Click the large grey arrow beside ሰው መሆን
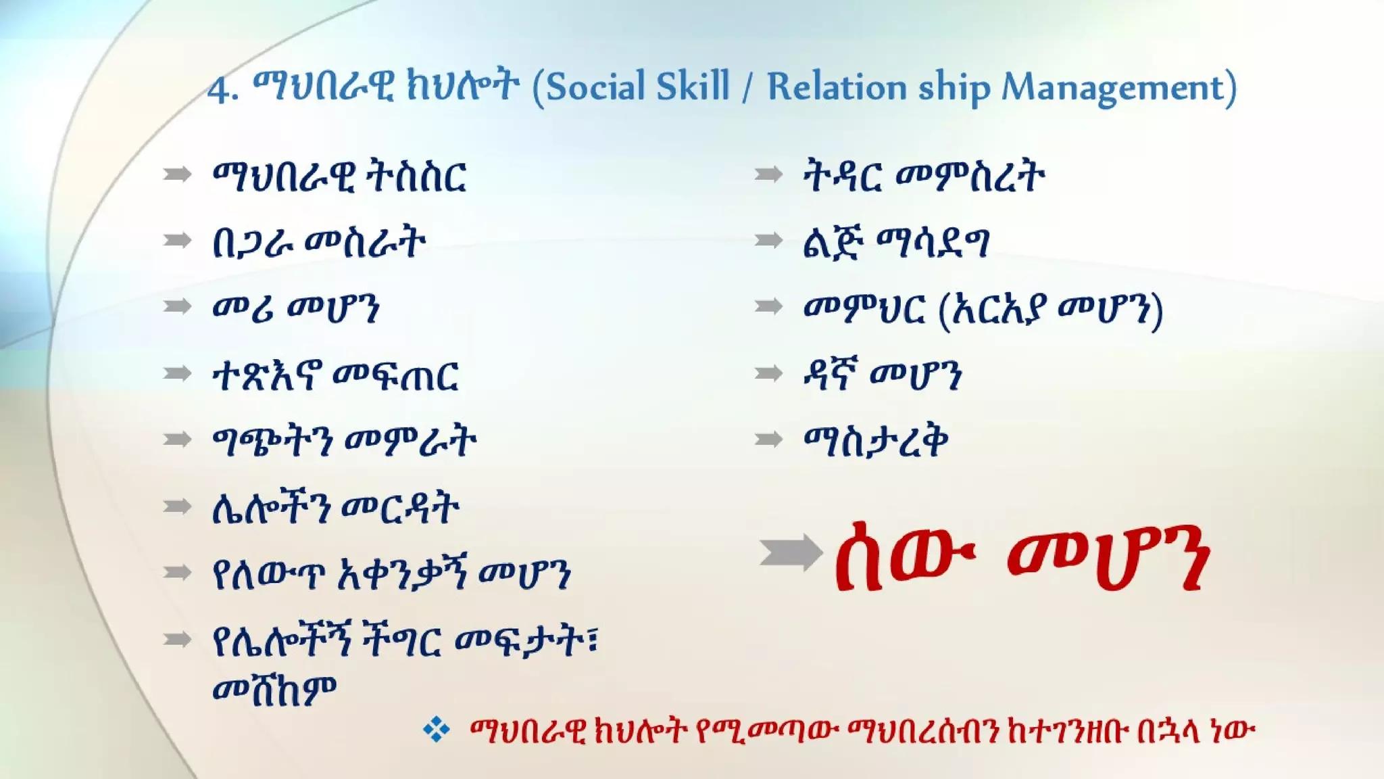[x=790, y=552]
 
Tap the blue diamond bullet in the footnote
[x=436, y=730]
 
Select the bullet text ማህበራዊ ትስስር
[x=339, y=176]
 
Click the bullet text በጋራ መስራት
[x=319, y=243]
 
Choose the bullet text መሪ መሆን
[x=296, y=308]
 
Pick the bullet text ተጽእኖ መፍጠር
[x=336, y=375]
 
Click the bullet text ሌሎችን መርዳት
[x=336, y=509]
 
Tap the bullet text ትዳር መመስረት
[x=924, y=176]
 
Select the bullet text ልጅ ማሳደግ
[x=896, y=243]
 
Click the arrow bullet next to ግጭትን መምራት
[x=177, y=440]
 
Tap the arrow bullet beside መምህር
[x=768, y=307]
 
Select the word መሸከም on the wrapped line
[x=274, y=690]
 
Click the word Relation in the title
[x=837, y=87]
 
